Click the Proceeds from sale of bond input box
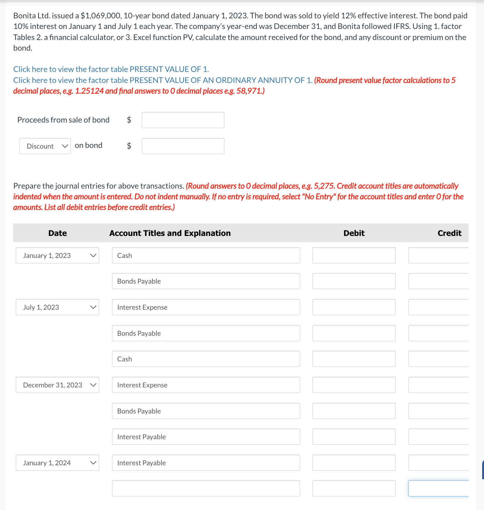[x=183, y=120]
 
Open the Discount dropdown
[x=45, y=146]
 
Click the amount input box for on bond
[x=183, y=146]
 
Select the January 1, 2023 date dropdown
[x=57, y=255]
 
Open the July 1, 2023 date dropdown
[x=57, y=307]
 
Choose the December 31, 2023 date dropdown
[x=57, y=385]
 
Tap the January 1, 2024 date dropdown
[x=57, y=463]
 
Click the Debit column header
[x=354, y=233]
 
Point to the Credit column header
[x=449, y=233]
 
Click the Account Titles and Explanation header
[x=170, y=233]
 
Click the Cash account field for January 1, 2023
[x=206, y=255]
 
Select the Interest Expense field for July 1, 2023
[x=206, y=307]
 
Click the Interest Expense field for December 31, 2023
[x=206, y=385]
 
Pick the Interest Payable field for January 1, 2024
[x=206, y=463]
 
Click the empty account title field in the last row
[x=206, y=488]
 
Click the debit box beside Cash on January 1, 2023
[x=354, y=255]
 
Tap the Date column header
[x=57, y=233]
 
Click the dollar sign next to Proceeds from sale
[x=129, y=120]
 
